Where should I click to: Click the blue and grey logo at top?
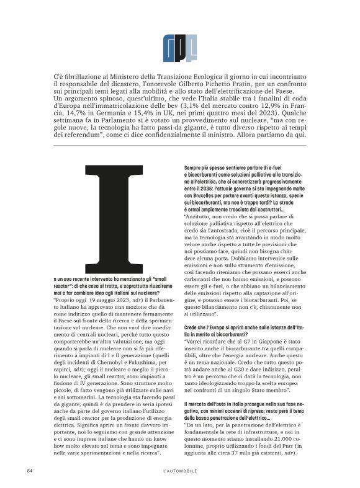pyautogui.click(x=179, y=44)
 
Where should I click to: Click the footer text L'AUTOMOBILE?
pyautogui.click(x=179, y=471)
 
